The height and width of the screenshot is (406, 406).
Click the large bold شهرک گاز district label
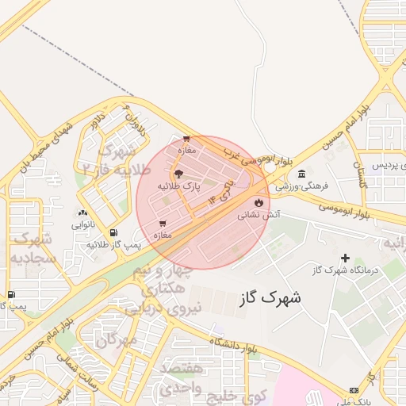click(x=270, y=298)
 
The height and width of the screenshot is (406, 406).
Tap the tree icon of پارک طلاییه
click(x=178, y=174)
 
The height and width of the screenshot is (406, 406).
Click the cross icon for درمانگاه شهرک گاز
click(x=345, y=258)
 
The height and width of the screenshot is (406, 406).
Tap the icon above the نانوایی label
click(x=82, y=213)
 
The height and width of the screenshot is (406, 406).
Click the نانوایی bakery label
click(x=82, y=224)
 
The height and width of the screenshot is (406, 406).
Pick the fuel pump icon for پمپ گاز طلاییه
click(x=113, y=232)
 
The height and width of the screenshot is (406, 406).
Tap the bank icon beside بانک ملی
click(x=353, y=390)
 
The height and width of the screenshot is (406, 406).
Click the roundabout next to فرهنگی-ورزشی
click(x=270, y=168)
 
